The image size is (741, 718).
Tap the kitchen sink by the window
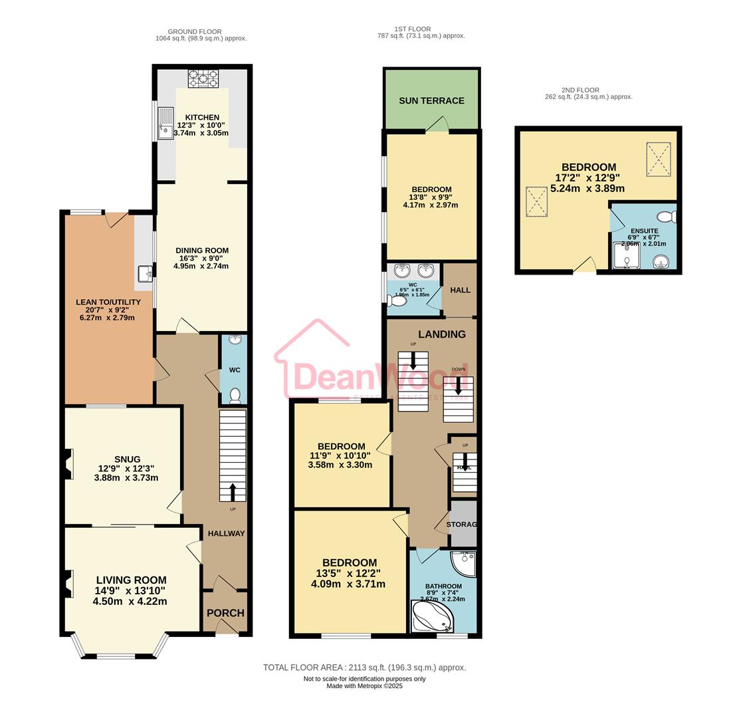[164, 123]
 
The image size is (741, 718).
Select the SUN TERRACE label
[431, 100]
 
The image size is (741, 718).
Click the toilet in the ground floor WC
[234, 396]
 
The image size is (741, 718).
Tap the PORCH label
[225, 612]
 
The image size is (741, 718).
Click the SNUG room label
[127, 459]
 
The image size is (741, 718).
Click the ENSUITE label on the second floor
[645, 231]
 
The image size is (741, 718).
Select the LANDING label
[441, 334]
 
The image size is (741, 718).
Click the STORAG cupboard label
[462, 525]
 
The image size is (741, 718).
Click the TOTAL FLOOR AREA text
[364, 667]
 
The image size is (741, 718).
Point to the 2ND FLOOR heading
[580, 90]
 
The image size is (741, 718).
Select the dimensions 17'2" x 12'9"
[588, 178]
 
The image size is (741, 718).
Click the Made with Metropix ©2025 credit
[364, 685]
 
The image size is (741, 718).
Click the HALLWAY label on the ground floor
[226, 533]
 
